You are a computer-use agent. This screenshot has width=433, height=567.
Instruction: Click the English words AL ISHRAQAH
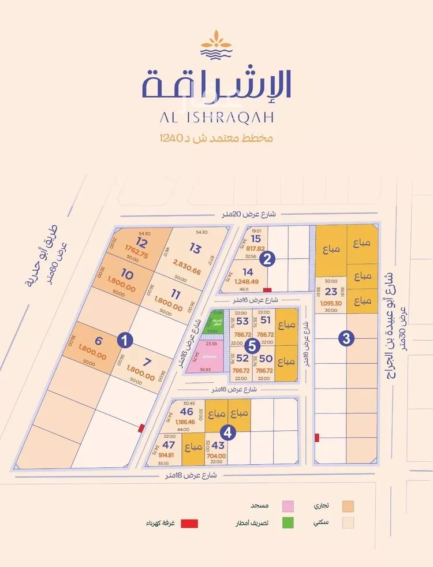(x=216, y=116)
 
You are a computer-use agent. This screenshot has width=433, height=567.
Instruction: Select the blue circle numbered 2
(x=266, y=259)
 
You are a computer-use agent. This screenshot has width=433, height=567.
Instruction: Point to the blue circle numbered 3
(x=346, y=339)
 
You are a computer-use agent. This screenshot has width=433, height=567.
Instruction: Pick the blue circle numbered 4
(x=229, y=432)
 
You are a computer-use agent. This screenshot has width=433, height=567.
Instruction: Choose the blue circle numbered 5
(x=251, y=346)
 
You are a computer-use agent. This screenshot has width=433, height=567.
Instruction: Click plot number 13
(x=195, y=249)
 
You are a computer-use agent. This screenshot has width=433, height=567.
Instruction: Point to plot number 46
(x=186, y=412)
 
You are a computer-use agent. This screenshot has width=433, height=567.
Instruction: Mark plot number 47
(x=169, y=446)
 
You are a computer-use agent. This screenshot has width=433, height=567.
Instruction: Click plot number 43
(x=218, y=446)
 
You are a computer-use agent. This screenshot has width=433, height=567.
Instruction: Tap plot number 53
(x=242, y=320)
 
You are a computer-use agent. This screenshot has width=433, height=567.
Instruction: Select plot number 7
(x=148, y=363)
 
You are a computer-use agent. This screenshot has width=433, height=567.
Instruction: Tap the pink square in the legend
(x=287, y=506)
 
